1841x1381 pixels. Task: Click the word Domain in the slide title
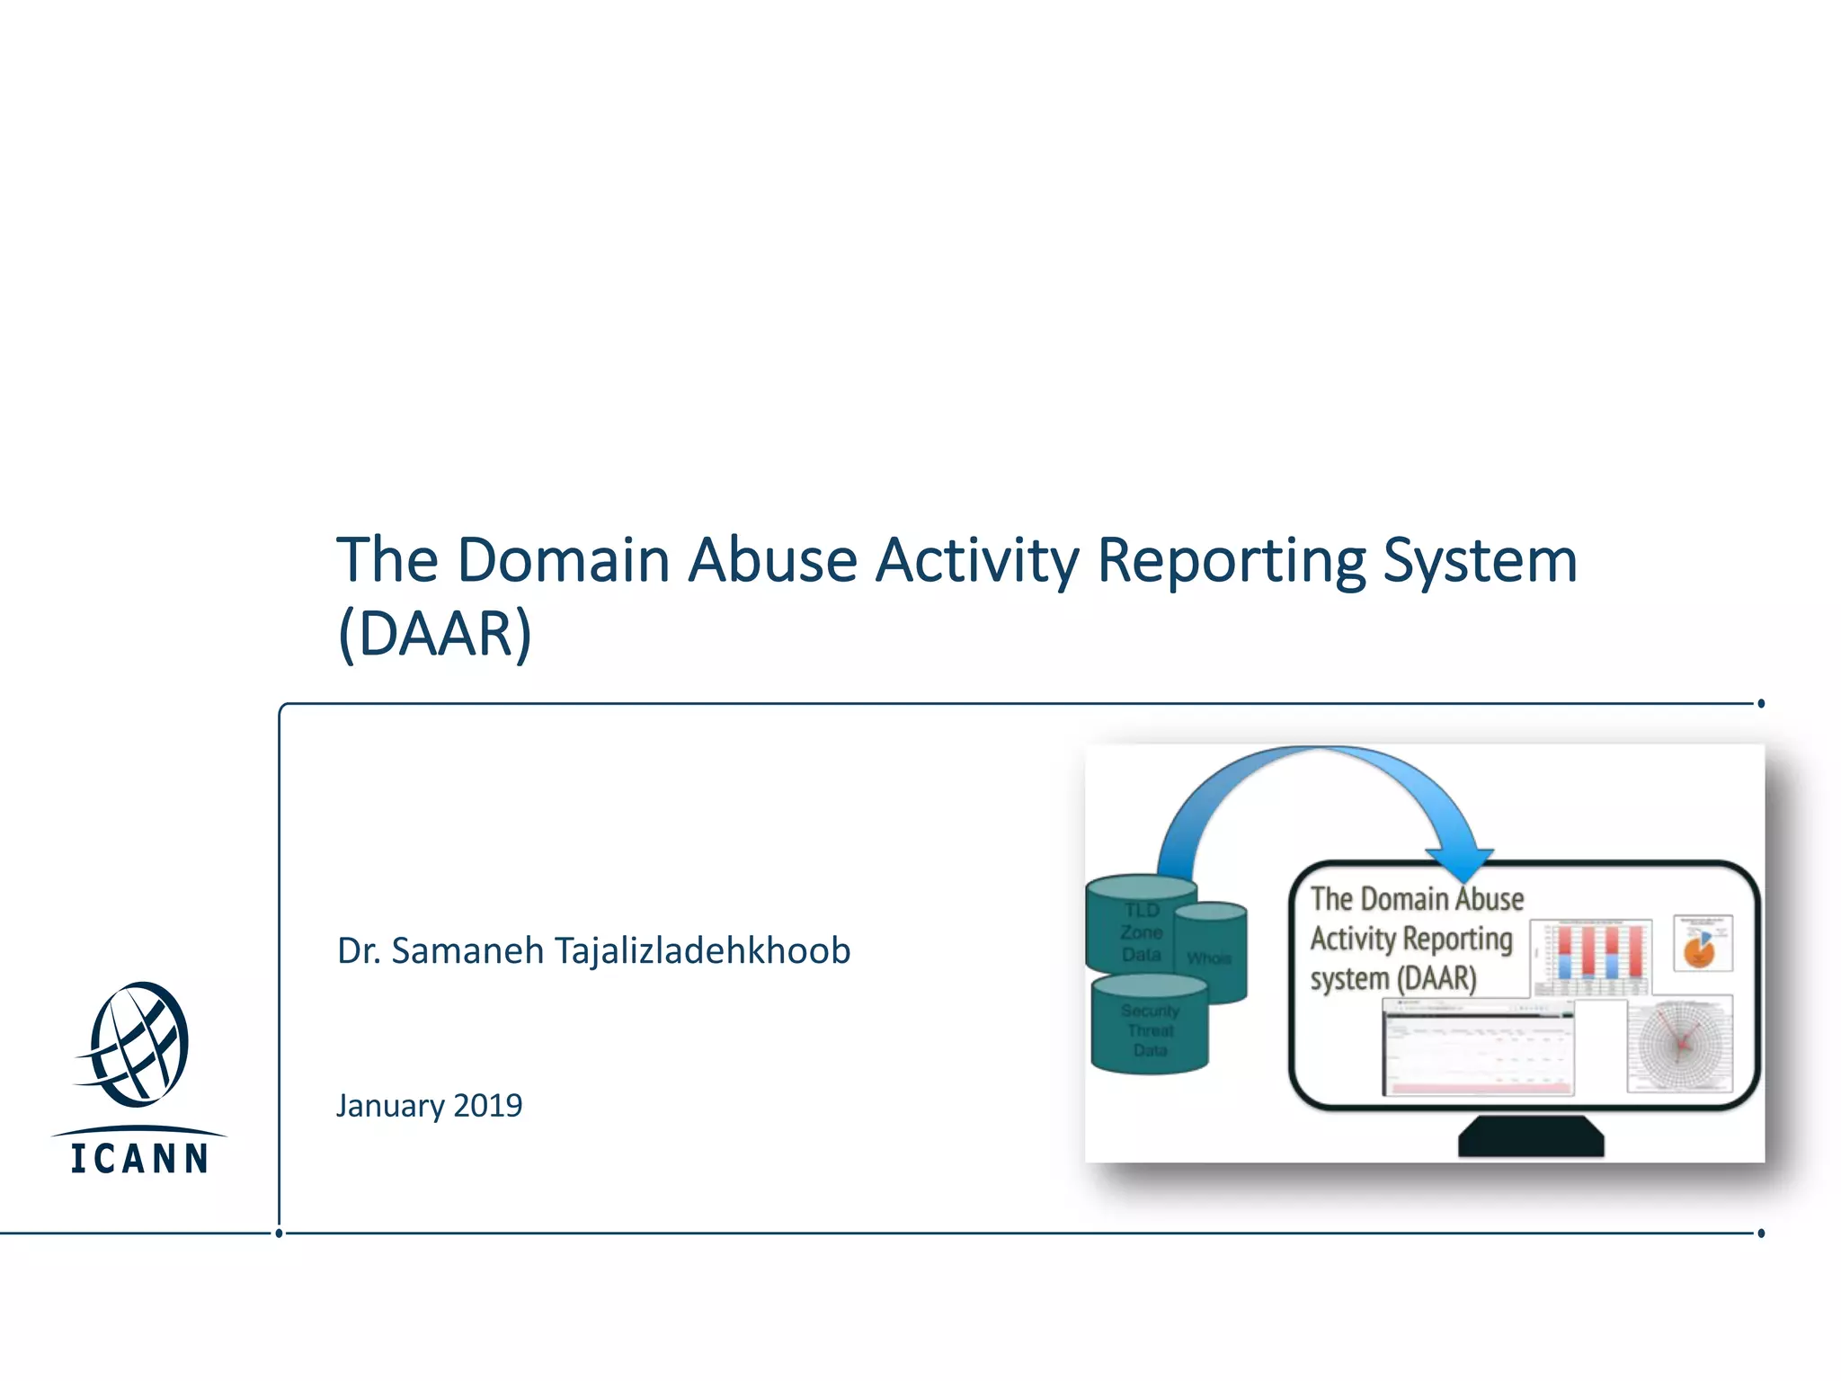(564, 560)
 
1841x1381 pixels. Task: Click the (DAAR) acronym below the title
(435, 634)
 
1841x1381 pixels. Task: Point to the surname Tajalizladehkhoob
(702, 950)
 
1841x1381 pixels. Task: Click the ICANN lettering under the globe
(140, 1158)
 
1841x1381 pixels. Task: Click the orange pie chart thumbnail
(1702, 943)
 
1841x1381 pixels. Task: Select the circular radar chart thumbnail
(1680, 1043)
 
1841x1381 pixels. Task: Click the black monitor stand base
(1530, 1138)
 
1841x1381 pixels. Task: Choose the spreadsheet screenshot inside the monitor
(1479, 1050)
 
